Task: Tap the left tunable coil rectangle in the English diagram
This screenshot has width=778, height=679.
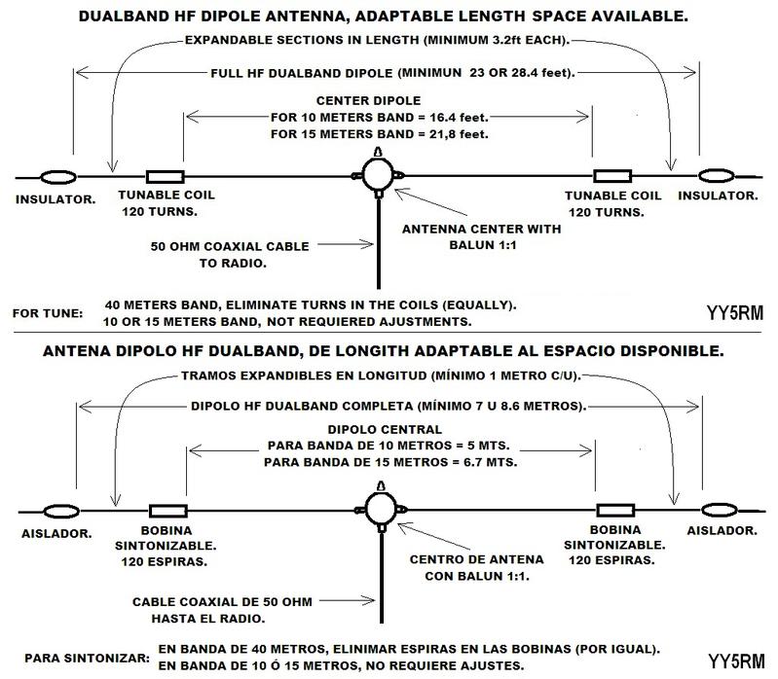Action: (x=166, y=177)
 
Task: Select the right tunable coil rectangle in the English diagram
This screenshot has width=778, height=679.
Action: (x=612, y=176)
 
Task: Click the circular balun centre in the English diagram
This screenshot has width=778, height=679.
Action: (x=378, y=174)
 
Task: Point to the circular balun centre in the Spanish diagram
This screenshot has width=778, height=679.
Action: (x=381, y=509)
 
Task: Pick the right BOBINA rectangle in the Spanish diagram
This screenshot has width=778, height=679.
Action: (x=615, y=511)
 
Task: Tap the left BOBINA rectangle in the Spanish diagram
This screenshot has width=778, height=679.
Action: (x=168, y=511)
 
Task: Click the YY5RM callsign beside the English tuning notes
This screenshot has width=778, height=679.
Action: (x=735, y=313)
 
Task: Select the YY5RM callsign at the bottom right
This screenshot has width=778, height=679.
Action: (x=736, y=661)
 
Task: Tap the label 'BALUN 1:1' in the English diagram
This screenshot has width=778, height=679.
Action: (x=483, y=245)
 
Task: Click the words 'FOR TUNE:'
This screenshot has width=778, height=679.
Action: (x=48, y=314)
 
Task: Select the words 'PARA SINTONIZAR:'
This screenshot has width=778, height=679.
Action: (x=87, y=659)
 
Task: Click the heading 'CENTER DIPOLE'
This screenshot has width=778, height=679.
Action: (x=369, y=100)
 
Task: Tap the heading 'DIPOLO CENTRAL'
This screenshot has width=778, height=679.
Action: (x=385, y=430)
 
